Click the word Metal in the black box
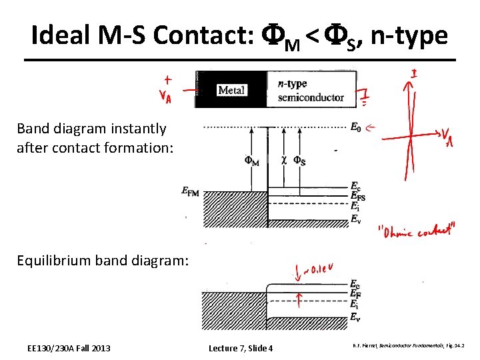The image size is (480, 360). pos(231,90)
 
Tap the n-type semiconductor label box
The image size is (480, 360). pos(311,91)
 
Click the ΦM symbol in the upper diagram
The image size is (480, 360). pos(252,161)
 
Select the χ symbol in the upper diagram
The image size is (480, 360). pos(285,161)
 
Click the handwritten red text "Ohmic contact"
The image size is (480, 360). pos(417,232)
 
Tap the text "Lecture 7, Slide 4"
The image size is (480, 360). pos(241,348)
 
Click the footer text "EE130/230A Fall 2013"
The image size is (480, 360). pos(69,348)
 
